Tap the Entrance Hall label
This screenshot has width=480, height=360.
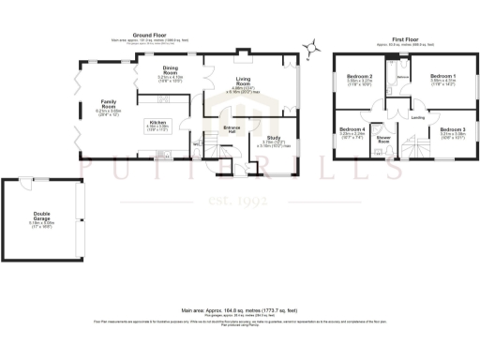coord(232,127)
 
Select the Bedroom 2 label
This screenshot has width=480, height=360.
coord(360,76)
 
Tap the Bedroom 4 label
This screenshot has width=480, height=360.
coord(352,129)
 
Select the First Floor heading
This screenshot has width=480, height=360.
coord(405,38)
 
